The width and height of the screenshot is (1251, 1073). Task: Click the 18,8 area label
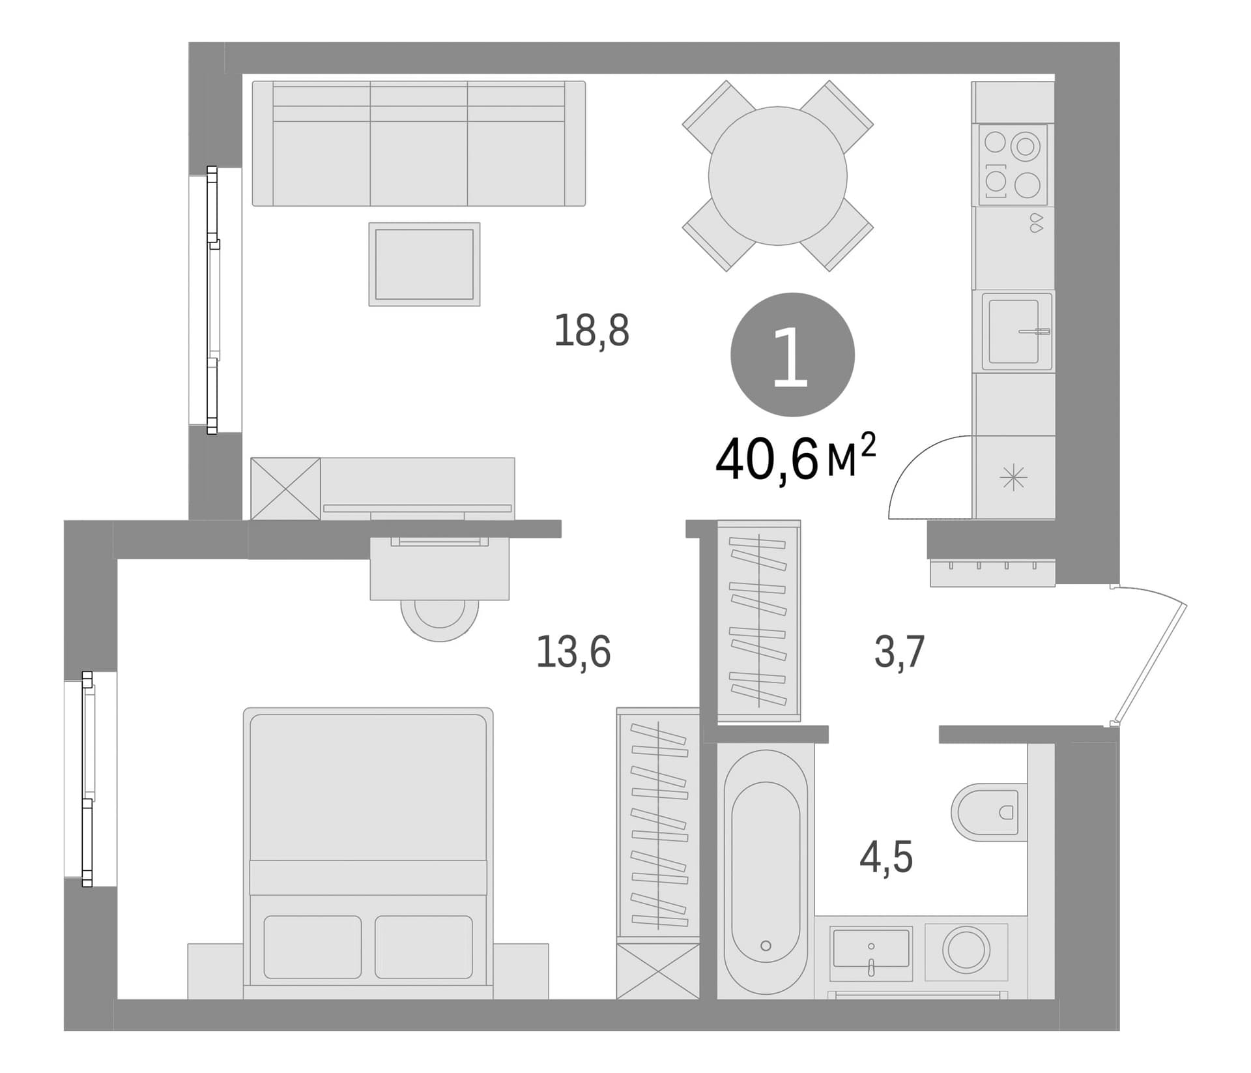tap(592, 331)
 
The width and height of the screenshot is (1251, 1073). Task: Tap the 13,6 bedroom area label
tap(573, 651)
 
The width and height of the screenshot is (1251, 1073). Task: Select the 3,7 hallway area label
tap(899, 651)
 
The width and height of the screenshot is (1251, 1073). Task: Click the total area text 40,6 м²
tap(795, 457)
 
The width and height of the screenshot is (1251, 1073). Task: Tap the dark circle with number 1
tap(792, 355)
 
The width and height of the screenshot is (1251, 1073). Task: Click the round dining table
tap(778, 176)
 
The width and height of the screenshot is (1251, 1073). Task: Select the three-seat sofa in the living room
tap(419, 143)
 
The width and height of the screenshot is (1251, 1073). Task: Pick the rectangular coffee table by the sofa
tap(424, 264)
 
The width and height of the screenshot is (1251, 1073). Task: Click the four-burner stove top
tap(1013, 165)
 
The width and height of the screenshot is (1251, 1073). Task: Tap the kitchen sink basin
tap(1013, 331)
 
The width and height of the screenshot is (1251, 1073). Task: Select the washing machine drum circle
tap(966, 952)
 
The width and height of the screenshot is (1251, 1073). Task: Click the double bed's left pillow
tap(312, 947)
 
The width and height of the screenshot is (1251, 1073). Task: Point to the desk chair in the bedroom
tap(440, 619)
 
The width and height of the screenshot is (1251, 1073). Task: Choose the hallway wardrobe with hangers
tap(759, 621)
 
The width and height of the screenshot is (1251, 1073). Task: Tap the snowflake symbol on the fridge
tap(1014, 479)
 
